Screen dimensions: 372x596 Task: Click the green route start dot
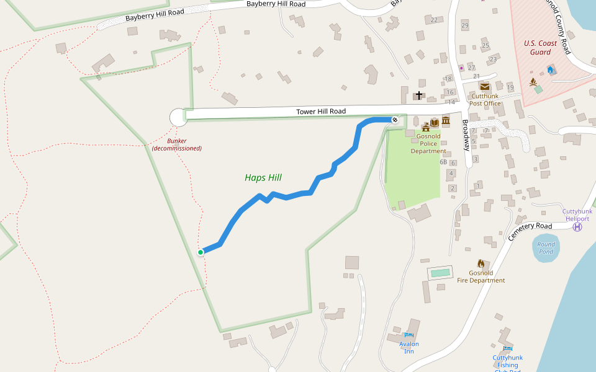coord(201,252)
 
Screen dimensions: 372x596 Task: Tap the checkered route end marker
coord(395,119)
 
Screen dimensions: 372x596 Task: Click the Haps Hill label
coord(263,178)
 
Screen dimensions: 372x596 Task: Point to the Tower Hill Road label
coord(320,112)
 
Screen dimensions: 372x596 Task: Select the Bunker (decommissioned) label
coord(177,144)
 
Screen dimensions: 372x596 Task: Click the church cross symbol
coord(419,95)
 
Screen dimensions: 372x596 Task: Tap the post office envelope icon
coord(484,87)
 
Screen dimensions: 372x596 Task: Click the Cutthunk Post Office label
coord(485,100)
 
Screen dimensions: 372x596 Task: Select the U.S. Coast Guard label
coord(540,48)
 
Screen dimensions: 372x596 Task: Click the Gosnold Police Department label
coord(428,143)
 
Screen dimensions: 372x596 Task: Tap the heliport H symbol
coord(577,227)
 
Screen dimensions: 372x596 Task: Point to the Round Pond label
coord(546,247)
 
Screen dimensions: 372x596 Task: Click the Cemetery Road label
coord(530,231)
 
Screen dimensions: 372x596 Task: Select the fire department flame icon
coord(481,263)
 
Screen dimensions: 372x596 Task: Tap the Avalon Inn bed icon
coord(409,335)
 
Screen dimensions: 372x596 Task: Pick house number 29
coord(465,25)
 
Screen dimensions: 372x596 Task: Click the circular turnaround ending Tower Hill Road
coord(178,117)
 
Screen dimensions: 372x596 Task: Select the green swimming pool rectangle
coord(440,273)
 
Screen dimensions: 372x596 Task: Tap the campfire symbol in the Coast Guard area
coord(533,81)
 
